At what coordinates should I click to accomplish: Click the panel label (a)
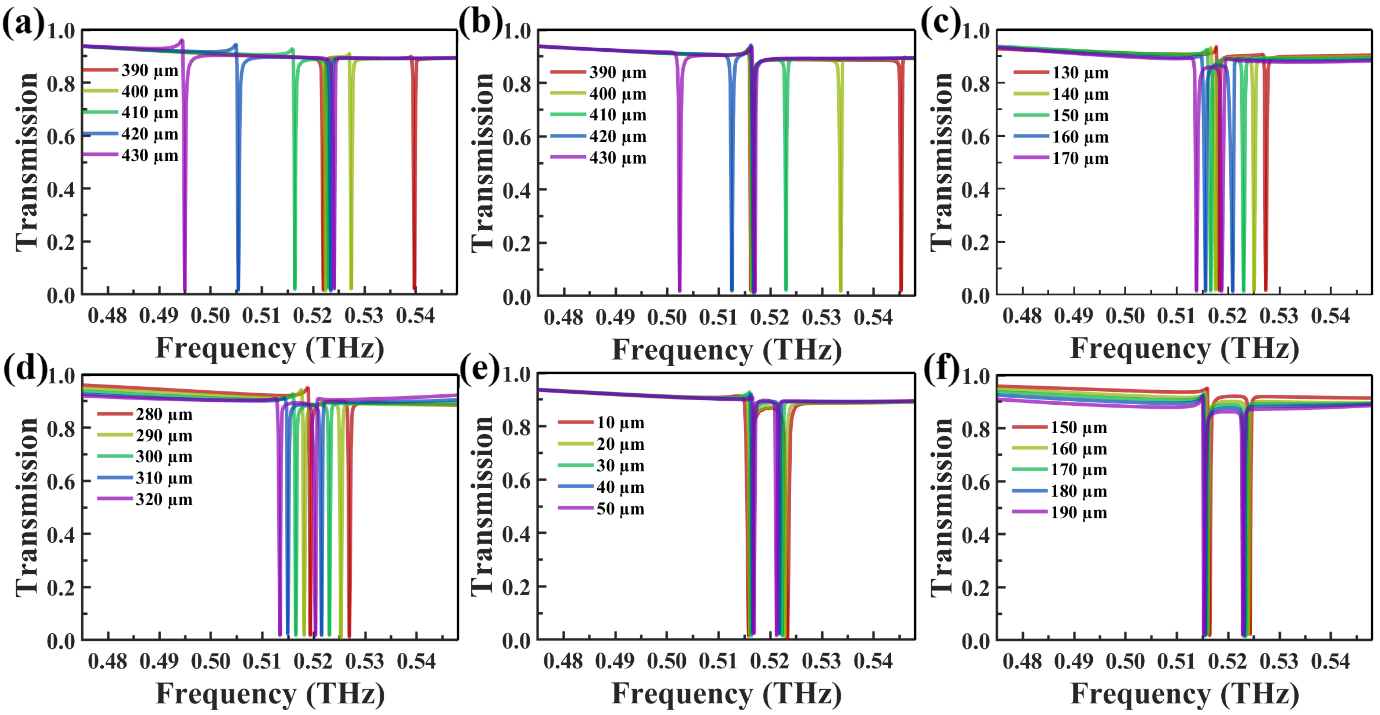23,24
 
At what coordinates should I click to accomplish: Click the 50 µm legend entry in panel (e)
620,508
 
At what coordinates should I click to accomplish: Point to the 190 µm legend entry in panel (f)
1078,512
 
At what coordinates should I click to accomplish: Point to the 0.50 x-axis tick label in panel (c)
1125,316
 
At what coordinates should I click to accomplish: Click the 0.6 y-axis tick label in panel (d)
61,482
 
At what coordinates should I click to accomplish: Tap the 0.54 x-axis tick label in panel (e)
873,661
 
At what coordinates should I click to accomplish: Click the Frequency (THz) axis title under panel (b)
727,350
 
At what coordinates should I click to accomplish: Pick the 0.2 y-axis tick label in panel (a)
61,242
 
